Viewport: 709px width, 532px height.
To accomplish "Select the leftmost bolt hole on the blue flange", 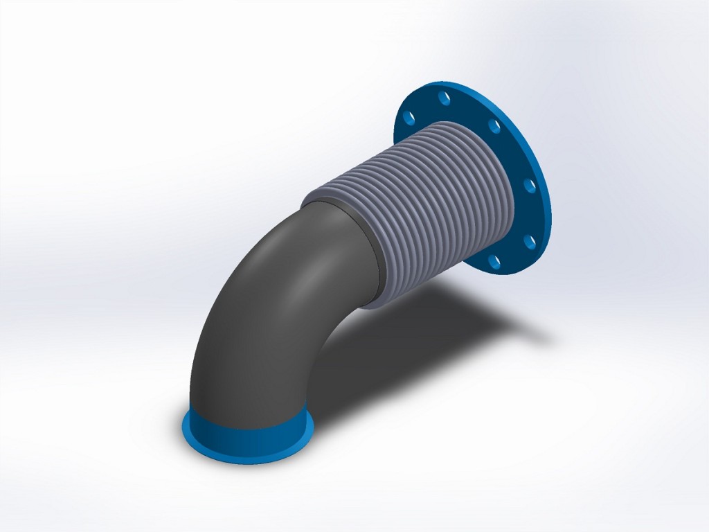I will point(410,114).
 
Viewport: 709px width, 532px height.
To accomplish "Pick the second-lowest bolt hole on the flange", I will point(530,242).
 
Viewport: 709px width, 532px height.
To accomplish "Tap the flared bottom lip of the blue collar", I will point(246,454).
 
